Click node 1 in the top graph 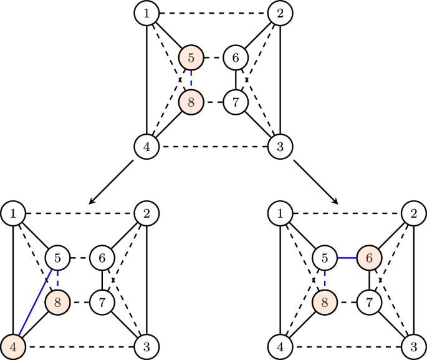[146, 12]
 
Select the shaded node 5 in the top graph [191, 58]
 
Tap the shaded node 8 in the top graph [191, 102]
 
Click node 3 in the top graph [281, 148]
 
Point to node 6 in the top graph [236, 58]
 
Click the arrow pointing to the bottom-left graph [112, 182]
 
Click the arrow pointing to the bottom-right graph [316, 182]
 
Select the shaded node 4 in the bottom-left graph [12, 346]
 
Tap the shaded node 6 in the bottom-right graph [369, 256]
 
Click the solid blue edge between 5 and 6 [347, 256]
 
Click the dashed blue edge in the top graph [191, 80]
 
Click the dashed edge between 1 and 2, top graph [213, 12]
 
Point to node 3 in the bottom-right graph [414, 346]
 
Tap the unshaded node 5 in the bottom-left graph [57, 256]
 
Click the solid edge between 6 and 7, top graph [236, 80]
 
